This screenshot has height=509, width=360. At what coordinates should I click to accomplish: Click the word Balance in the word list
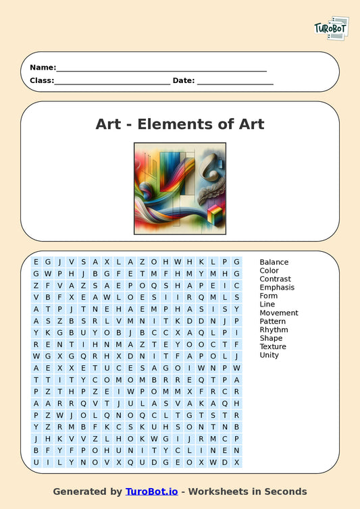tap(274, 262)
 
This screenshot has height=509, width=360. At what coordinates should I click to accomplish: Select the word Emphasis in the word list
tap(277, 288)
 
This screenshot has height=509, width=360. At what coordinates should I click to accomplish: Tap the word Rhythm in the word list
tap(274, 329)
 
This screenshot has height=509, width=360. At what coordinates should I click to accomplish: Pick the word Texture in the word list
tap(273, 346)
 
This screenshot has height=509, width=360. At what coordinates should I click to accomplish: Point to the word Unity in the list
tap(269, 355)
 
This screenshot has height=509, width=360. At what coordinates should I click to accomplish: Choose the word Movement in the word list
tap(279, 313)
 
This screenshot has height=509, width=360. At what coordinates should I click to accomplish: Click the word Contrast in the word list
tap(275, 279)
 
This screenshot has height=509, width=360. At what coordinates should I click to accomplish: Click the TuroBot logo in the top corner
tap(331, 29)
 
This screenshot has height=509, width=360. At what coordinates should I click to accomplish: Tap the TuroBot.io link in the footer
tap(151, 491)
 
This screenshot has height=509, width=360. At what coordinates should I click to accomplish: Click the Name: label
tap(42, 68)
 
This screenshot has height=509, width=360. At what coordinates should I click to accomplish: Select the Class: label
tap(42, 80)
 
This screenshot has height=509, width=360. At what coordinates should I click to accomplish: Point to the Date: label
tap(184, 80)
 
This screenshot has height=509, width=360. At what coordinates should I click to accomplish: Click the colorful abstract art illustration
tap(180, 188)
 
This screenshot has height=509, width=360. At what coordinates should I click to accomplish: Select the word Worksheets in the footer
tap(233, 491)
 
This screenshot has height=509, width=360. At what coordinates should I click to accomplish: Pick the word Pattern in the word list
tap(273, 321)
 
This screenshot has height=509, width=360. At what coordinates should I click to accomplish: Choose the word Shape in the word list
tap(271, 338)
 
